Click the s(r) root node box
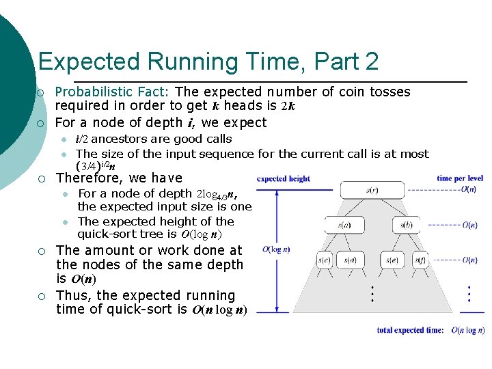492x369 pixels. click(x=372, y=189)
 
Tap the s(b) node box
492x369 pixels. click(x=407, y=224)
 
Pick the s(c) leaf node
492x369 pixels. click(x=325, y=259)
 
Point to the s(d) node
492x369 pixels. click(x=350, y=259)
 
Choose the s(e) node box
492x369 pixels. click(x=393, y=259)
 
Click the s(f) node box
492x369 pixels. click(x=418, y=259)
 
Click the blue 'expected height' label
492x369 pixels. click(x=284, y=179)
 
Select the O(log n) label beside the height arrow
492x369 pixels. click(x=276, y=249)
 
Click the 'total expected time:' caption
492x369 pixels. click(x=410, y=330)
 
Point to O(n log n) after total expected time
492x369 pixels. click(x=468, y=330)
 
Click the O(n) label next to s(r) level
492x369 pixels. click(x=469, y=189)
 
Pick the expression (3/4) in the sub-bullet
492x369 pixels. click(x=87, y=165)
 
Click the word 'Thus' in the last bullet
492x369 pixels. click(x=73, y=295)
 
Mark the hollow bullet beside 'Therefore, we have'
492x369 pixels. click(x=41, y=178)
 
